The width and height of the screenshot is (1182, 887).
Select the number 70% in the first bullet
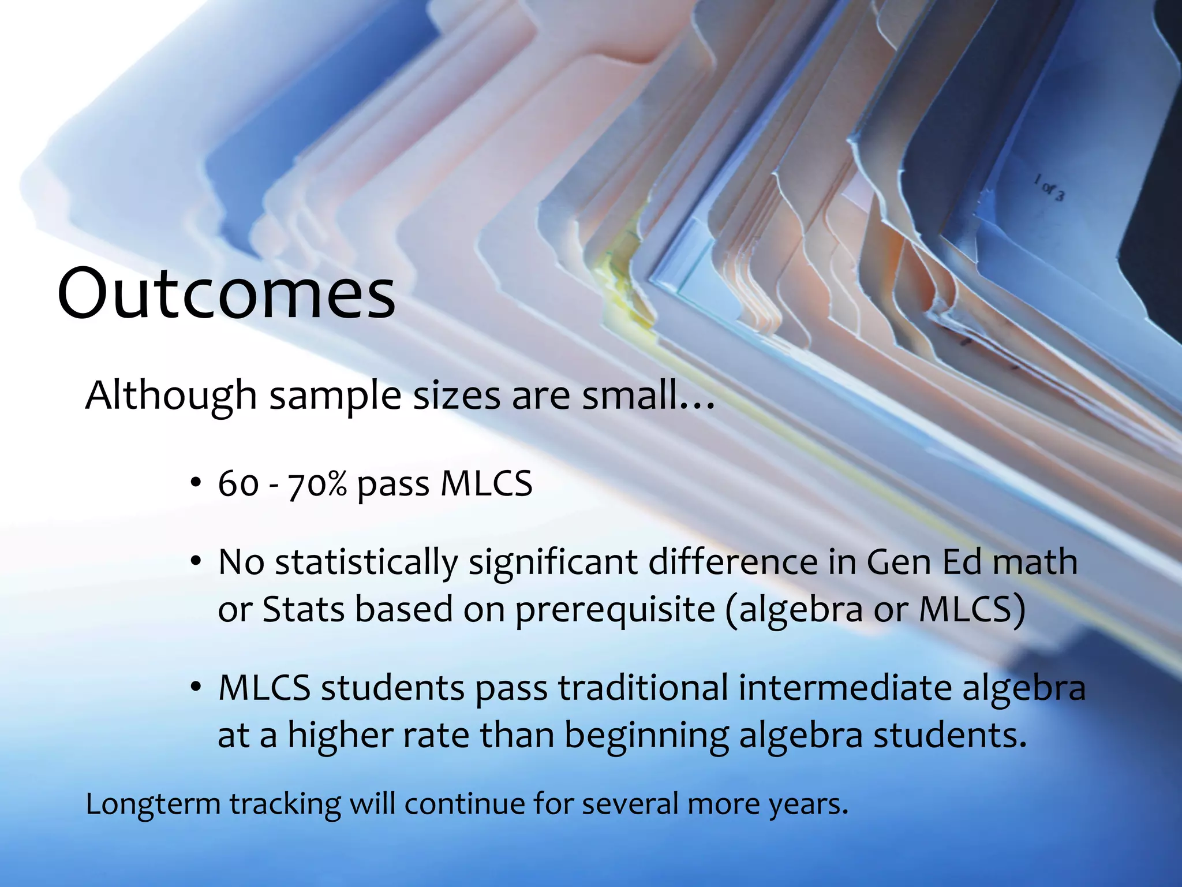point(317,484)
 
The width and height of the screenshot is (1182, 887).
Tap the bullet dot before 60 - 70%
point(196,482)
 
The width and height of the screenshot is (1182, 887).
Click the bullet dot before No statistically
point(196,561)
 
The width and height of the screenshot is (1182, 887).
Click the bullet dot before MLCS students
point(196,687)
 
